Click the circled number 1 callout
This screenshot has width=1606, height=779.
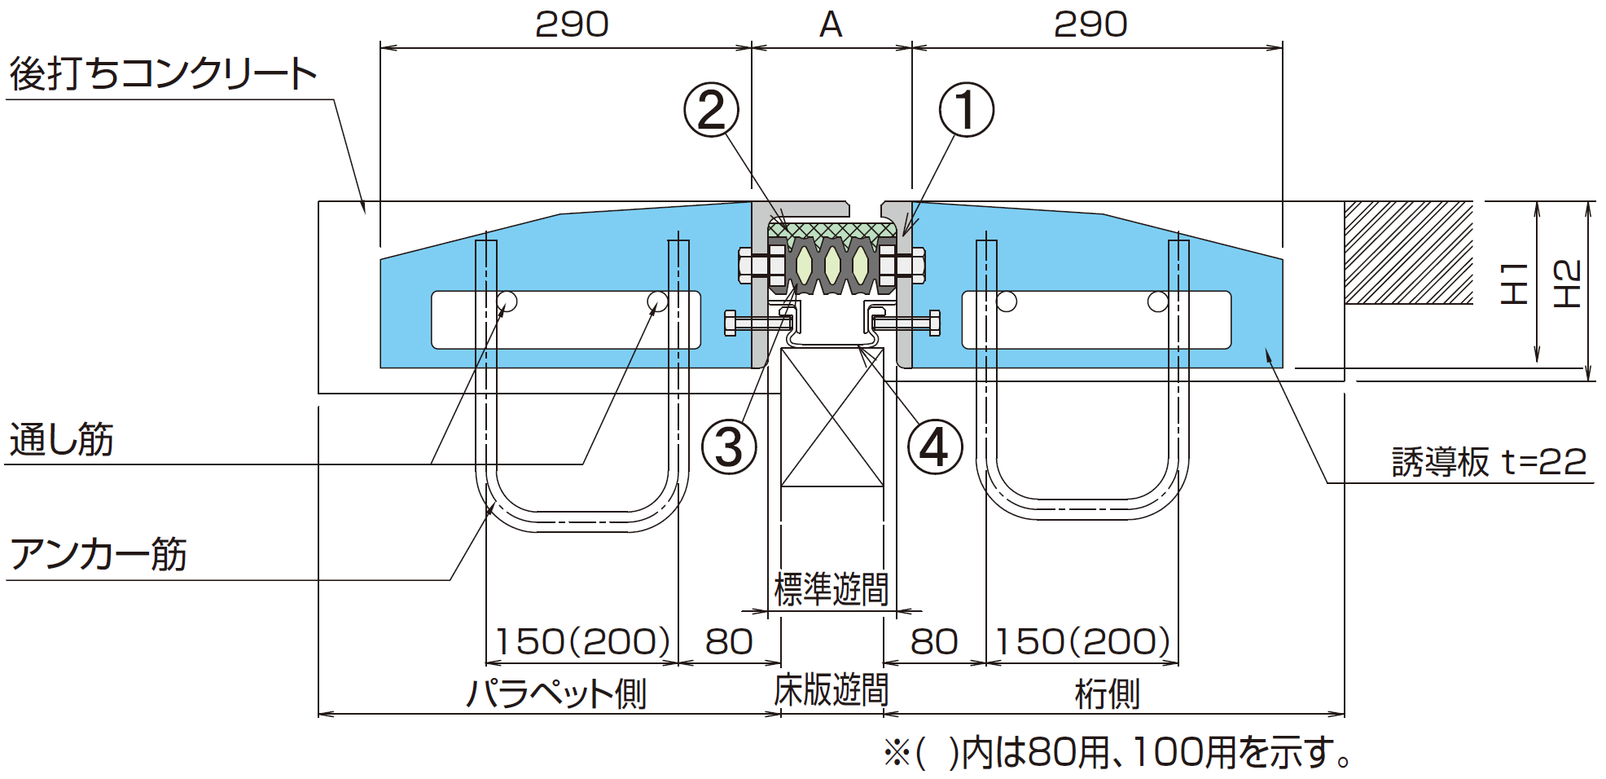[966, 110]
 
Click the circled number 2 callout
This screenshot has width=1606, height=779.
[711, 110]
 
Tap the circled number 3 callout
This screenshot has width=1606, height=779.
[729, 447]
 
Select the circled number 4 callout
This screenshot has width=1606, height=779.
[935, 447]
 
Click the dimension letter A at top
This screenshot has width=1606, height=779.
[831, 24]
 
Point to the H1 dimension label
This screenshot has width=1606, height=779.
[1513, 283]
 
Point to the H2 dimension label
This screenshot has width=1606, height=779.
[1566, 284]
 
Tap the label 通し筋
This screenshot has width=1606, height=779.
[61, 440]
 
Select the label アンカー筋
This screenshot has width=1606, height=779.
[98, 555]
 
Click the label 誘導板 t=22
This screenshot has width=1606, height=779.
[1489, 462]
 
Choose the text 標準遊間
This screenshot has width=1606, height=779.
[831, 589]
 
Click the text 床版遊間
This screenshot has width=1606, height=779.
[831, 690]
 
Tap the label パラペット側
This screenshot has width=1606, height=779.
[556, 693]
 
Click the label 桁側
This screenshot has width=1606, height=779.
[1107, 693]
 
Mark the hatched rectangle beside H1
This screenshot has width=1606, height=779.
[1408, 253]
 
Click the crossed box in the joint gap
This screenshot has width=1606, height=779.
[832, 417]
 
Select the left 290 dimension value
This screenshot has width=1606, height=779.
[572, 24]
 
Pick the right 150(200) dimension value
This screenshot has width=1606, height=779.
[1082, 641]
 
